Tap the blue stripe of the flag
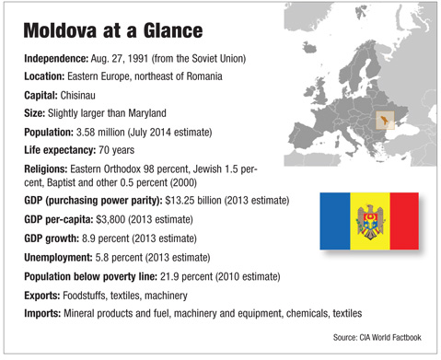pos(337,225)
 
